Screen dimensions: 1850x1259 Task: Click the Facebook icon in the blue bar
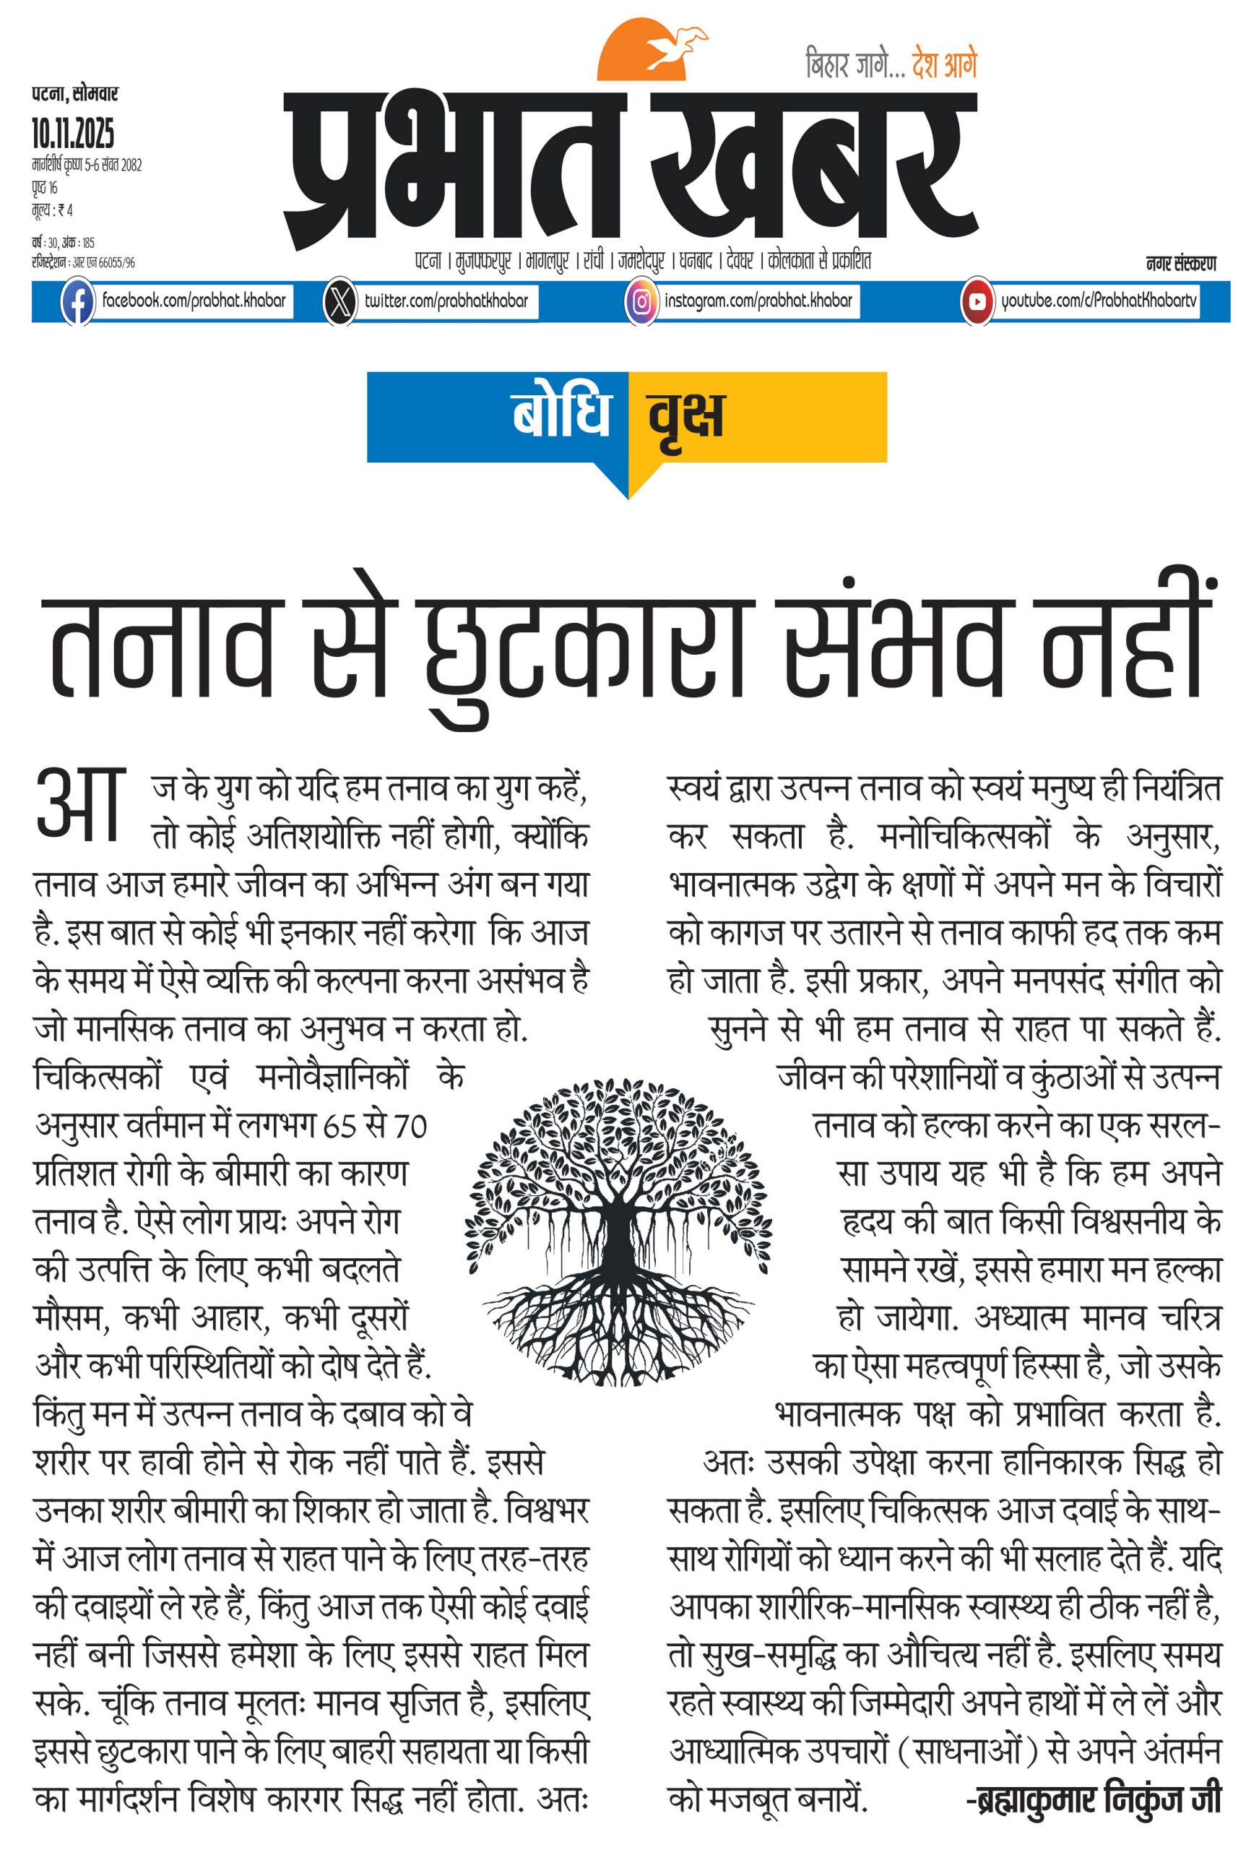(x=77, y=301)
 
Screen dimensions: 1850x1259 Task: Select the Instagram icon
(x=641, y=301)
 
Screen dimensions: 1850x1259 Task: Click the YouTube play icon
(x=977, y=301)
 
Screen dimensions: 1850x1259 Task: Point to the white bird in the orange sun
(x=674, y=47)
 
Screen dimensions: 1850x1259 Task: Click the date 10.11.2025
(x=73, y=133)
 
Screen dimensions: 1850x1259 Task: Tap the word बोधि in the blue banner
(x=561, y=414)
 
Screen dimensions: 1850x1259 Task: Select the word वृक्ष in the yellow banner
(x=686, y=416)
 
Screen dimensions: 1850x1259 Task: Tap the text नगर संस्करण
(x=1180, y=264)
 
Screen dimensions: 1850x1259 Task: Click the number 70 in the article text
(x=411, y=1127)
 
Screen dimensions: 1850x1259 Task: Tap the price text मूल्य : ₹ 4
(x=53, y=210)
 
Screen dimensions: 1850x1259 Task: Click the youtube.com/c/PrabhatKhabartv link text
(x=1098, y=301)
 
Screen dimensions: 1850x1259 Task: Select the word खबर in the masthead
(x=812, y=167)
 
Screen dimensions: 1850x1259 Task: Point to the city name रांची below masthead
(x=593, y=261)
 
